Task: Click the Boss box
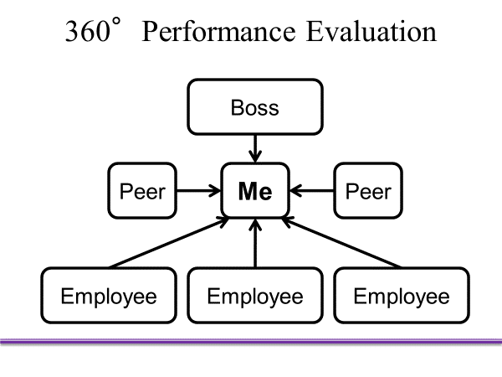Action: click(255, 106)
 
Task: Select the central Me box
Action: click(255, 191)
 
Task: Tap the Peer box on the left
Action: click(143, 191)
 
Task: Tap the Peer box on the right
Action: click(367, 191)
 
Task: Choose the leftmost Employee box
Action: click(109, 295)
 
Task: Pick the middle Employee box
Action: click(255, 295)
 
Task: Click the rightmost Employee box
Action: click(401, 295)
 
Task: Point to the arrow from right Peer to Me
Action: click(313, 191)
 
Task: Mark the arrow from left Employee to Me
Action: click(167, 243)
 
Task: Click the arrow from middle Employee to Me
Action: click(255, 243)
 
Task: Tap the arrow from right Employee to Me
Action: click(343, 243)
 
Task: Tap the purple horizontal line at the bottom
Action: click(251, 340)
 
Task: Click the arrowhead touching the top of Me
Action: click(255, 158)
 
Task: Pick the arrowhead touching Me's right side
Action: click(296, 191)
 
